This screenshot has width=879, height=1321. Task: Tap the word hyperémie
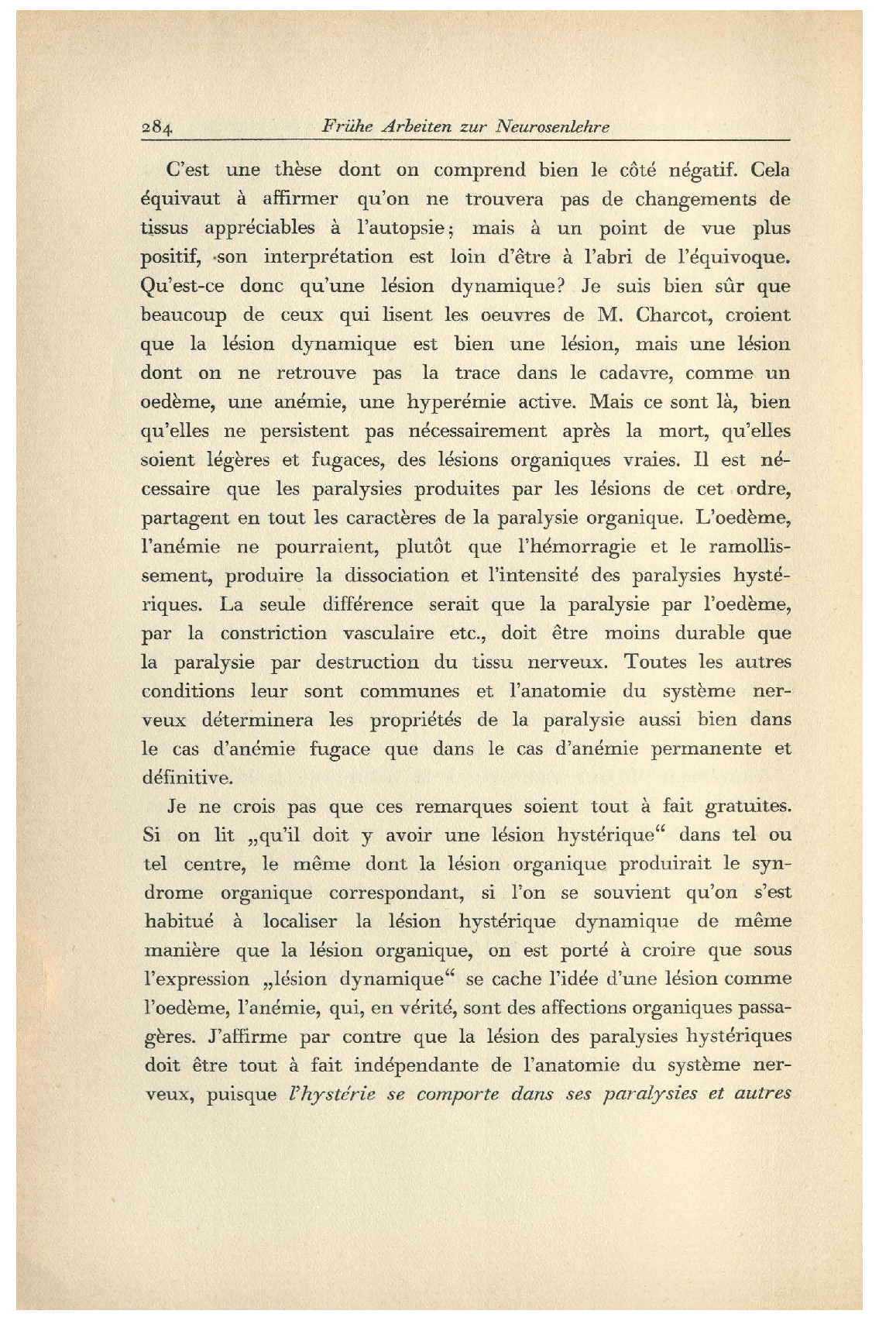[457, 402]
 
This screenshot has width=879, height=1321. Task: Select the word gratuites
[748, 807]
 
